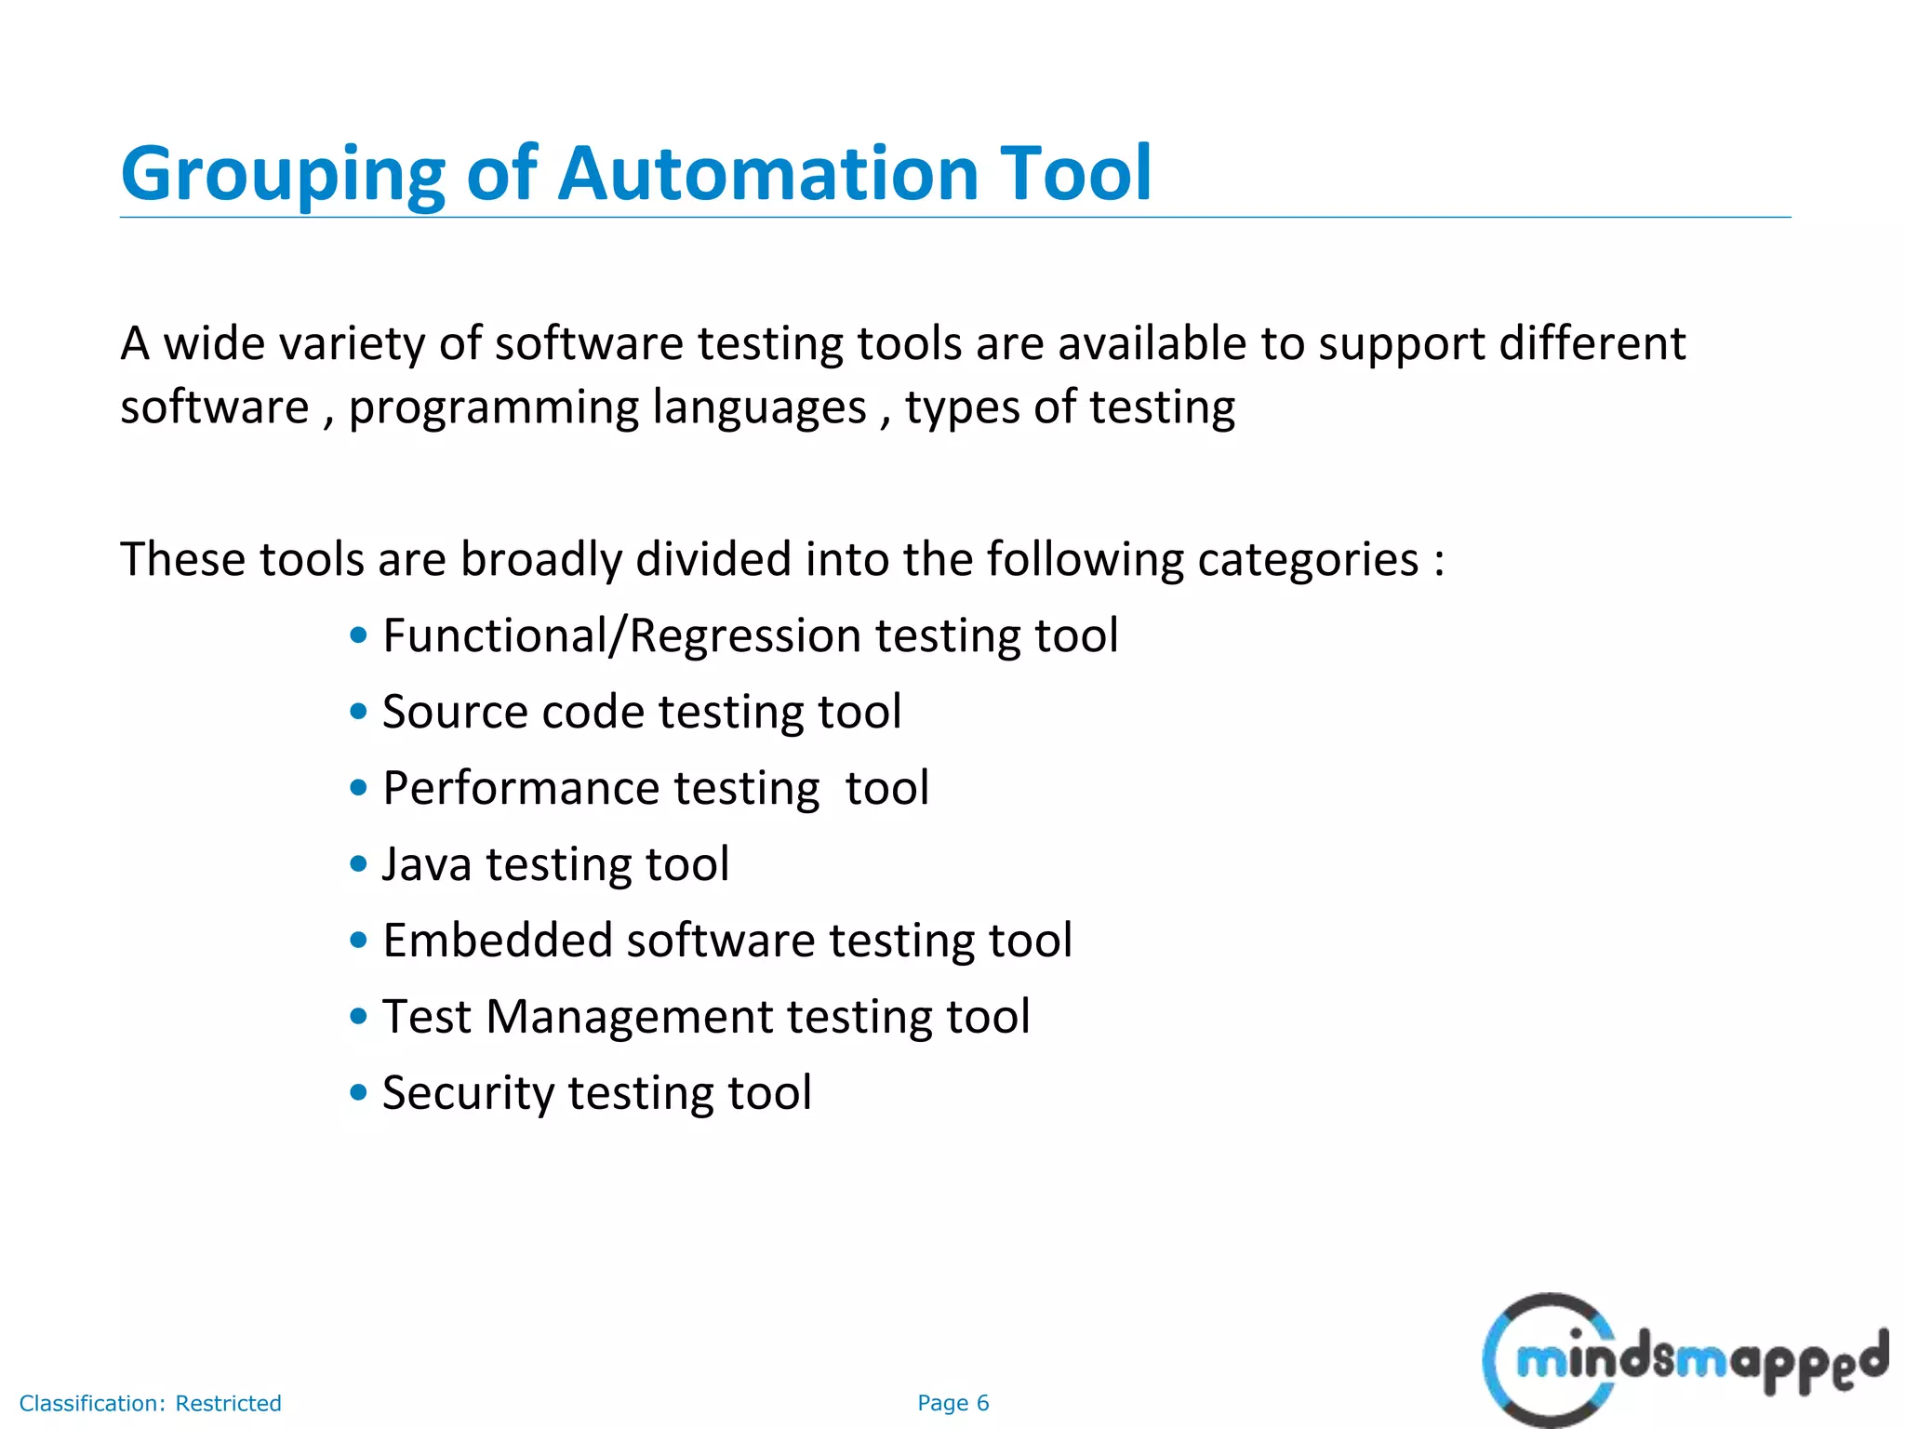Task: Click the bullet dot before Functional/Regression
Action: [x=359, y=636]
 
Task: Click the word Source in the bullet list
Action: [x=455, y=713]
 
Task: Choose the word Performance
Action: [x=520, y=789]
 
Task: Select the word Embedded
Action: [x=497, y=941]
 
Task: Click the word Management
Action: [x=629, y=1017]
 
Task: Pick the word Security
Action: [x=468, y=1093]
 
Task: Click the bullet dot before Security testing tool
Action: [x=359, y=1093]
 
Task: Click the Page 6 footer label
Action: [x=952, y=1403]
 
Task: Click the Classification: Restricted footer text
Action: [x=151, y=1403]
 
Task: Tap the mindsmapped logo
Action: [x=1684, y=1360]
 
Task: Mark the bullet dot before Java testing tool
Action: [x=359, y=864]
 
